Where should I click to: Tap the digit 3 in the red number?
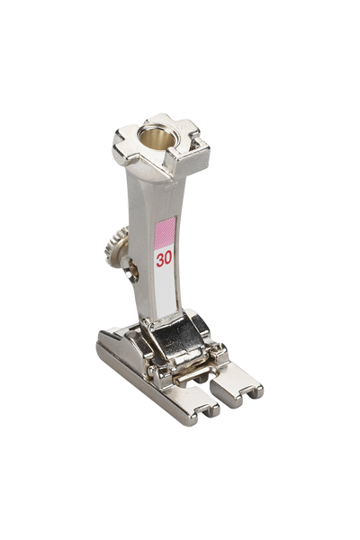pos(159,260)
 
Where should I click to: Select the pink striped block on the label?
pos(166,233)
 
